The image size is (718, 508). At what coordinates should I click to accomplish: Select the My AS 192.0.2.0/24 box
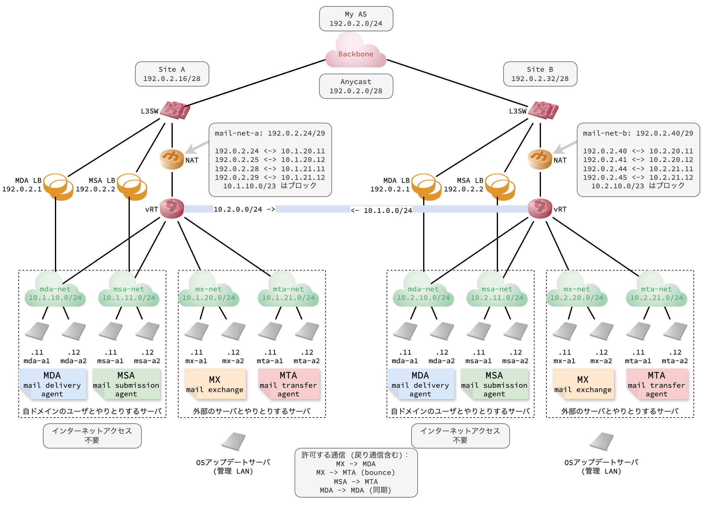356,19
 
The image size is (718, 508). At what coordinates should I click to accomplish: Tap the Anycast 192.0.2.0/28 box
356,86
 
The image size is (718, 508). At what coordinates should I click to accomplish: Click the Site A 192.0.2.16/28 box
172,74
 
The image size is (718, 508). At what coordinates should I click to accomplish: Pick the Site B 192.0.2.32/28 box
540,74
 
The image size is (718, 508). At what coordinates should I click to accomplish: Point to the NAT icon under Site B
540,160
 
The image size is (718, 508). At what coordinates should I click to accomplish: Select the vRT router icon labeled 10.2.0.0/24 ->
172,209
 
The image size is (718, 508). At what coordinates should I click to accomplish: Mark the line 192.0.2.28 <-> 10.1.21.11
270,169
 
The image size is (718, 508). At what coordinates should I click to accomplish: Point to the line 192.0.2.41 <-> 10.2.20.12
638,160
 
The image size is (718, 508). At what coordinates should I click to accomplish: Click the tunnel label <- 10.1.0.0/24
381,210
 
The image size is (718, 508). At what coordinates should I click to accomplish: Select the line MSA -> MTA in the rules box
356,482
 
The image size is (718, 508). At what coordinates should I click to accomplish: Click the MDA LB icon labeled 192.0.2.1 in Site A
58,187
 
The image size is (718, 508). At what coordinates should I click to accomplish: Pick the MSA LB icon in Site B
500,187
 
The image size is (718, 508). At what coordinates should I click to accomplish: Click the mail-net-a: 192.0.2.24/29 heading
270,133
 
